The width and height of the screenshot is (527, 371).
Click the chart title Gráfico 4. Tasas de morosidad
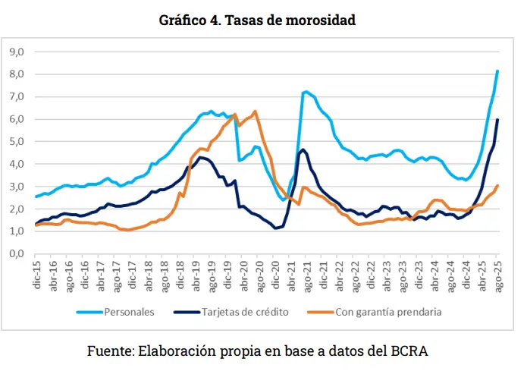(x=257, y=20)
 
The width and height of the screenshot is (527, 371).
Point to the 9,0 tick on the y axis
(x=17, y=52)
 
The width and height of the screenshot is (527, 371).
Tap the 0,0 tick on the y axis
(x=17, y=254)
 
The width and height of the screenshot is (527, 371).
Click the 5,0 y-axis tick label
(x=17, y=142)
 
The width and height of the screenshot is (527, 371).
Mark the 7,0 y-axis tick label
(x=17, y=97)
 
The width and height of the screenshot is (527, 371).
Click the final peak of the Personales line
(x=497, y=71)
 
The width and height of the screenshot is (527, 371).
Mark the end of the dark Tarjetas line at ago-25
(x=497, y=120)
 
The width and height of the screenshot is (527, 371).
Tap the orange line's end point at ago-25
(x=497, y=186)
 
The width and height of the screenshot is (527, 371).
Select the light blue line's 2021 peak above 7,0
(x=306, y=93)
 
